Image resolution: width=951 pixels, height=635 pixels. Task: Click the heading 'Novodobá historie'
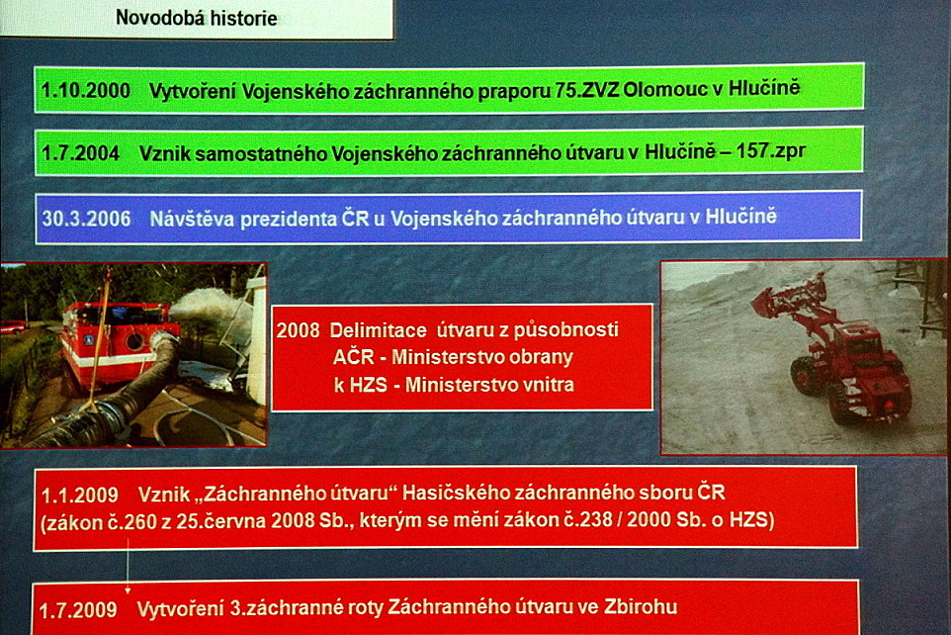coord(197,18)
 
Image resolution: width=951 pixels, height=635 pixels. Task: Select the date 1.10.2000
coord(86,91)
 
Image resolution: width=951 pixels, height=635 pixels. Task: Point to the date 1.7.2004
coord(80,153)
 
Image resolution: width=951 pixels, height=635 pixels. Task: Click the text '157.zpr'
coord(771,150)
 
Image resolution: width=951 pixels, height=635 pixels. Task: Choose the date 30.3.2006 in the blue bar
coord(86,219)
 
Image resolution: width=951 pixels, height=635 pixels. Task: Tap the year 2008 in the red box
coord(298,330)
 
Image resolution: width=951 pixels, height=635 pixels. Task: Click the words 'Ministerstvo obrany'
coord(482,357)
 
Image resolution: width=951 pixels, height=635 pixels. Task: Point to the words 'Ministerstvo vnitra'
coord(489,385)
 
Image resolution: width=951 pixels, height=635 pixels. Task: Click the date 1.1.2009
coord(79,496)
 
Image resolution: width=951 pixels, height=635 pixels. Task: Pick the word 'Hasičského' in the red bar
coord(453,493)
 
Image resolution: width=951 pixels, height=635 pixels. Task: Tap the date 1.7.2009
coord(78,609)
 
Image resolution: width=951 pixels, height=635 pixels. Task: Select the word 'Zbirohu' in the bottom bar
coord(641,606)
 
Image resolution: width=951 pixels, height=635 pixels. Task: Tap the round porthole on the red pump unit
coord(134,341)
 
